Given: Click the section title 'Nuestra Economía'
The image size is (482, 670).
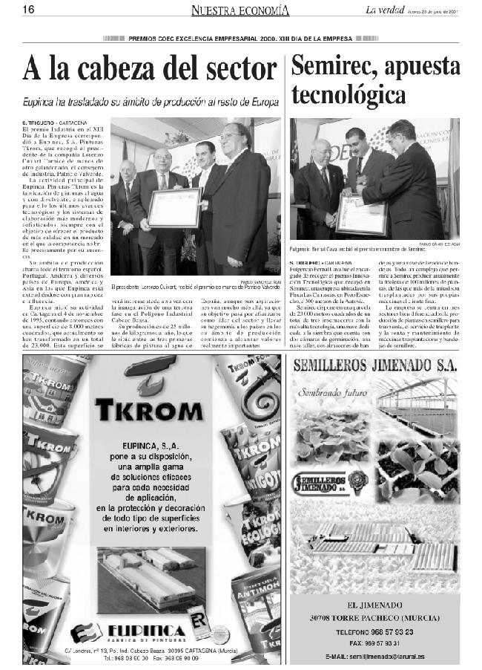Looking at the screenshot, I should tap(240, 10).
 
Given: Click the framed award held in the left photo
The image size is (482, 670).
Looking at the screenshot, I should tap(174, 208).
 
